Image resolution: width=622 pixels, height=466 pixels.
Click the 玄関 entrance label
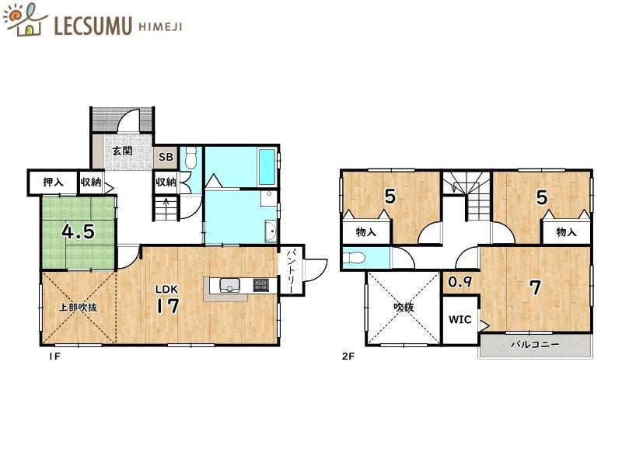(123, 151)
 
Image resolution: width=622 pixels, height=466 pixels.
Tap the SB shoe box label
(166, 157)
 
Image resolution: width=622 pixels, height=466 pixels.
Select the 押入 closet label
(53, 183)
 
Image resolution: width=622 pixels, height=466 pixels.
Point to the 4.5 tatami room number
(79, 232)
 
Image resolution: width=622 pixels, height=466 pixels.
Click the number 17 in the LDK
(167, 306)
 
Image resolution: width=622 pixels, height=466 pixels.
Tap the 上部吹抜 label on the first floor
(79, 307)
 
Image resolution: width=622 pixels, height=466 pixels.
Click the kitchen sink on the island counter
(229, 285)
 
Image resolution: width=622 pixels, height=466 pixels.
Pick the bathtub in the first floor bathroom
(267, 167)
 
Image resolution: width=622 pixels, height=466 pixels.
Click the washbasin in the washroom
(271, 231)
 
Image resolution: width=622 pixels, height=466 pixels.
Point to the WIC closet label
(460, 319)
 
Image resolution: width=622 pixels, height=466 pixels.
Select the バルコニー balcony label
(535, 344)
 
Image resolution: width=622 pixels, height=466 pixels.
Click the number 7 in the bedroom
(536, 287)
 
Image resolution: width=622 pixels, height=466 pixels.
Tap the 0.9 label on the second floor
(460, 282)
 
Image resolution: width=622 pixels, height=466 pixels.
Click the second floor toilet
(354, 258)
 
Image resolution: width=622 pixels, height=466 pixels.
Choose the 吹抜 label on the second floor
(404, 307)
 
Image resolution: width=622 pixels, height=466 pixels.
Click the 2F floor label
(348, 356)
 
